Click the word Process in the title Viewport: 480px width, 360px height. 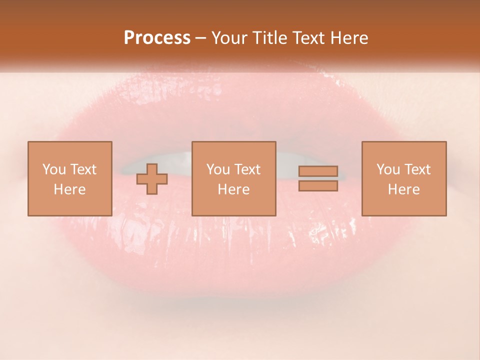pos(157,38)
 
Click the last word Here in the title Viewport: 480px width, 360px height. pos(350,38)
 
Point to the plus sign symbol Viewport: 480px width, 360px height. pos(152,179)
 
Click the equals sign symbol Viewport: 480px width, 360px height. pos(318,179)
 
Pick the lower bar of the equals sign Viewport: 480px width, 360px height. pos(318,186)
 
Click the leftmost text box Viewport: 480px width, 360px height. pos(69,179)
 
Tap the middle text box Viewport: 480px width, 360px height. pos(233,179)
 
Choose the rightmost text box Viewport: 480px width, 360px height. pos(403,179)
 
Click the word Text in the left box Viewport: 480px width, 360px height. pos(83,169)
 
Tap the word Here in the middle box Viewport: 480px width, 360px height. pos(233,189)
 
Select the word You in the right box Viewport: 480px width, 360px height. pos(388,169)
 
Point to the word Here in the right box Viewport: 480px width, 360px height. pos(403,189)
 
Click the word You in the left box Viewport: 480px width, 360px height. pos(54,169)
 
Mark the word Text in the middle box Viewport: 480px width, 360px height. pos(247,169)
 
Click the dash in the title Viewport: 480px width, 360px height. pos(201,38)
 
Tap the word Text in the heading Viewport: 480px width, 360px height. pos(308,38)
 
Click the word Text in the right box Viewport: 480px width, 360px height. pos(417,169)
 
